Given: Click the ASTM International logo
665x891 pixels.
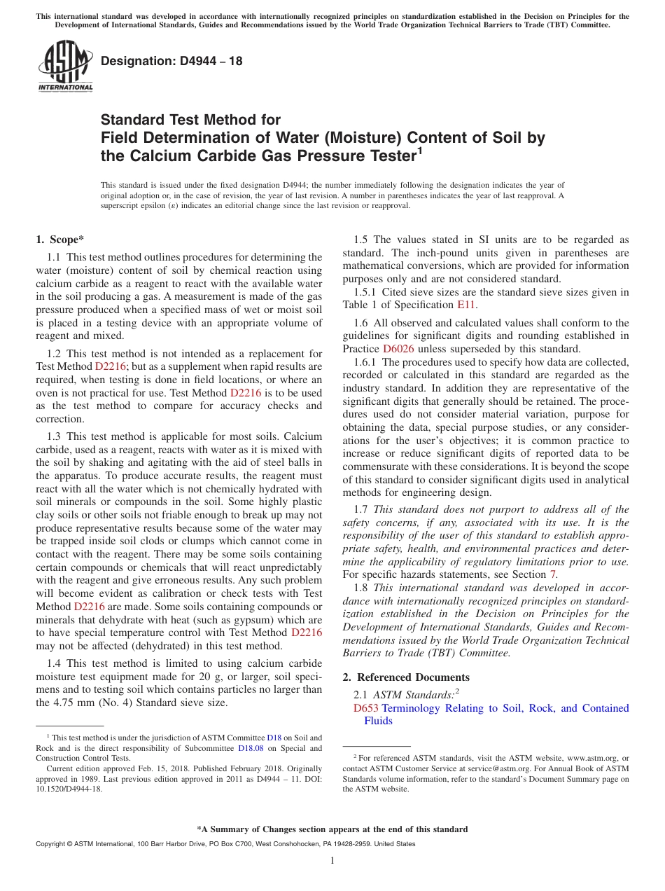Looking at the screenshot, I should click(x=65, y=67).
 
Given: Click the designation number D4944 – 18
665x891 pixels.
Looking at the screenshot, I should click(x=171, y=61).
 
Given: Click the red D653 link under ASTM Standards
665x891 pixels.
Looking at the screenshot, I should click(x=366, y=708).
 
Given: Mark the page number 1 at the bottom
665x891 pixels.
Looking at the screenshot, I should click(x=332, y=860).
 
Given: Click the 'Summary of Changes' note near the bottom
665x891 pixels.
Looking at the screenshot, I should click(x=332, y=829).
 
